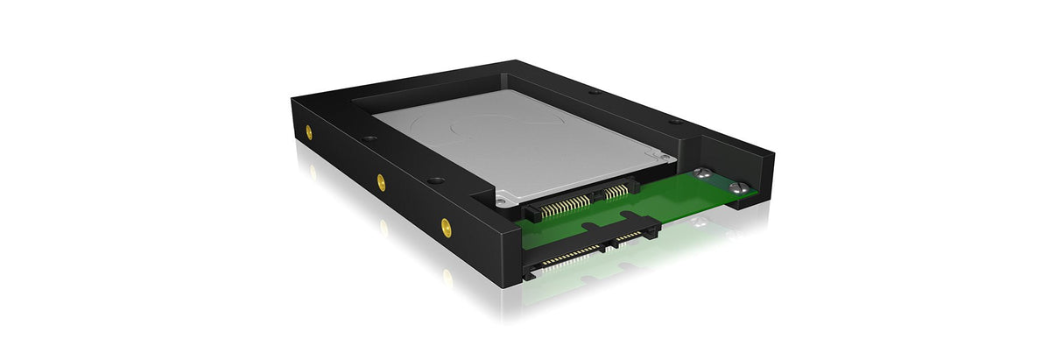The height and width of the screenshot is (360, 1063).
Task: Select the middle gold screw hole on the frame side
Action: pyautogui.click(x=381, y=181)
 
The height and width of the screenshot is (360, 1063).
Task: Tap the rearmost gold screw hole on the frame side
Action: pyautogui.click(x=309, y=132)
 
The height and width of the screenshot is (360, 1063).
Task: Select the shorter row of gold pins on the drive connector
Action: pyautogui.click(x=617, y=189)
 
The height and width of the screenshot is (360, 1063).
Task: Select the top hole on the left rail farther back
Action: pyautogui.click(x=368, y=139)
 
